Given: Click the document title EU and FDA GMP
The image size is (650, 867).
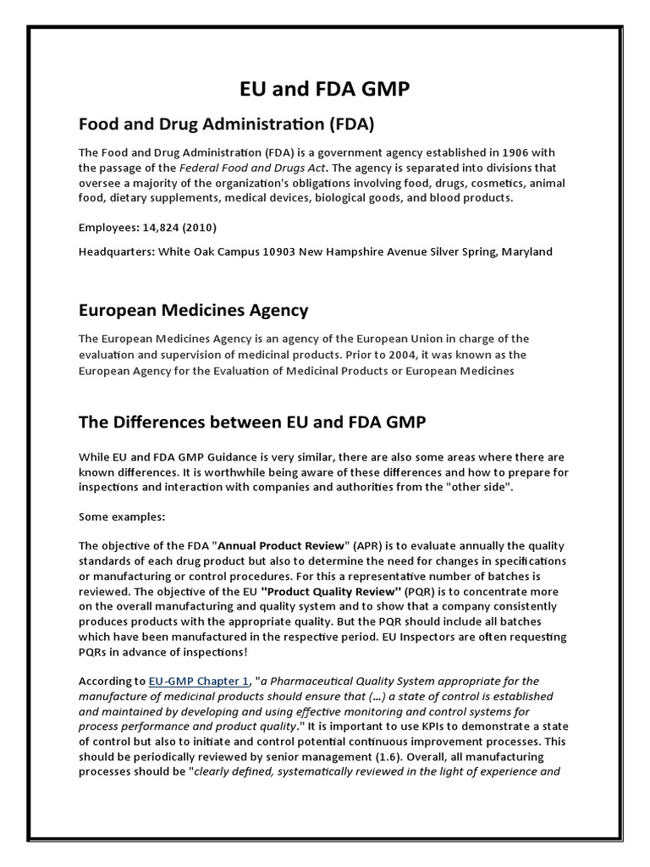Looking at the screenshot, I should [325, 89].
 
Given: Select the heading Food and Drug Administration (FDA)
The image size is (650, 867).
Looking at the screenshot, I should [226, 124].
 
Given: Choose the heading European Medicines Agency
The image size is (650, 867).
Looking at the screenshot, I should [194, 310].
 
